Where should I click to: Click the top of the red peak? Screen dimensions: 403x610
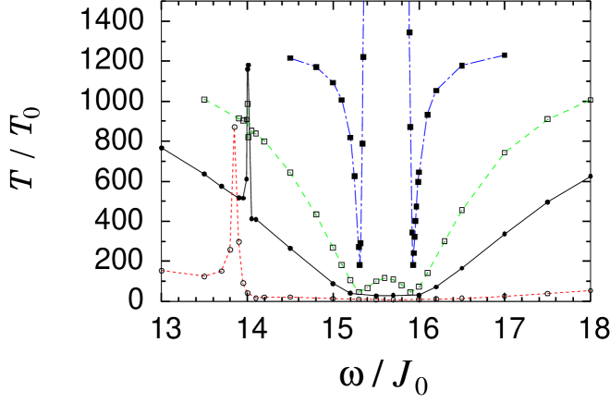click(234, 129)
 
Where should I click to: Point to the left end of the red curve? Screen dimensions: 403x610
click(163, 270)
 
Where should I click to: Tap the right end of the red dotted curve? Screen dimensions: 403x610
click(589, 290)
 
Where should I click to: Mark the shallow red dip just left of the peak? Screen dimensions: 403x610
click(205, 275)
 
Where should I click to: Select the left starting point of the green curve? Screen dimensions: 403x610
click(205, 100)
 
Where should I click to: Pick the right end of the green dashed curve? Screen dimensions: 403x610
click(589, 100)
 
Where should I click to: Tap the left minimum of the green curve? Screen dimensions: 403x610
click(360, 291)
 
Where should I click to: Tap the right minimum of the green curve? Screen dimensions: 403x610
click(411, 291)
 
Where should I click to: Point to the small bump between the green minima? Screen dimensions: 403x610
click(386, 277)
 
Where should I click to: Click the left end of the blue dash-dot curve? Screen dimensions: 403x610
click(293, 59)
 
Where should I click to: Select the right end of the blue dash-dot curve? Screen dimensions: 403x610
click(502, 55)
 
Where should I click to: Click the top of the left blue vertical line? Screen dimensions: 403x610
click(363, 2)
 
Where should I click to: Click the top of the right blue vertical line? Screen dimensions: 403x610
click(409, 2)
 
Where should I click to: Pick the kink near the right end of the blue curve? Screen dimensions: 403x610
click(464, 65)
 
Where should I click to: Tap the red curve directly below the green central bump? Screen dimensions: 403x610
click(386, 299)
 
